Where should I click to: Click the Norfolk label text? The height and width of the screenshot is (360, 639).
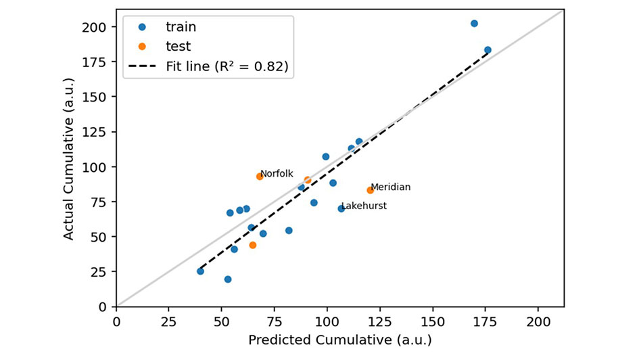coord(277,174)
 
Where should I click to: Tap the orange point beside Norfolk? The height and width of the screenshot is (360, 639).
coord(260,177)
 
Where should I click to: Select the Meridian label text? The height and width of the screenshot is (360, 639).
coord(390,187)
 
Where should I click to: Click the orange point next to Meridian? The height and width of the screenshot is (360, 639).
coord(370,190)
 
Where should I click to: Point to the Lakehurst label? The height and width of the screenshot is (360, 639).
coord(364,206)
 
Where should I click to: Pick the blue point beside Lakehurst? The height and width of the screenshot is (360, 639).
coord(341,208)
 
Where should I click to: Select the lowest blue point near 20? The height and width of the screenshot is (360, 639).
coord(228,279)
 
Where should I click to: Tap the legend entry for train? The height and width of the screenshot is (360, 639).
coord(181,28)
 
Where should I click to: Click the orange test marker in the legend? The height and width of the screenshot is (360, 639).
coord(142,47)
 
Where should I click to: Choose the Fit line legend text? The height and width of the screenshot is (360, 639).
coord(227,66)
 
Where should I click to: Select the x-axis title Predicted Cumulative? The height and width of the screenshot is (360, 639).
coord(339,340)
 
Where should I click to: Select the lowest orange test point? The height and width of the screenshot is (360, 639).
coord(253,245)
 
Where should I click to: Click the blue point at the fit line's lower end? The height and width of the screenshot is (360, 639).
coord(200,271)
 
